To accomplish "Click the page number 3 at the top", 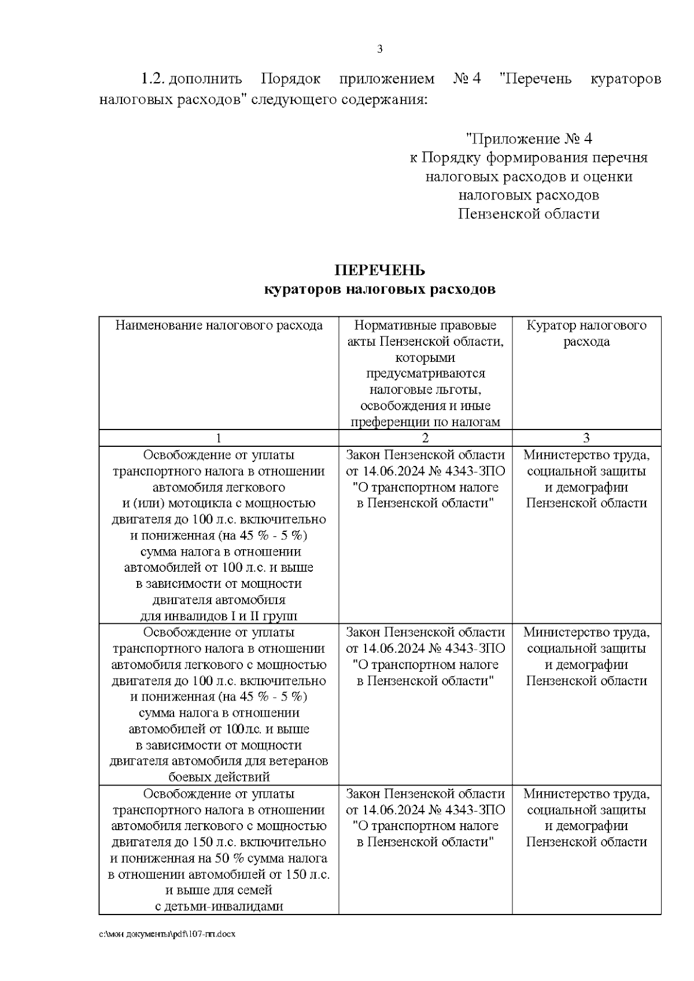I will click(x=380, y=49).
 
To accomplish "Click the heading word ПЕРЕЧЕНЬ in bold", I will click(x=380, y=271).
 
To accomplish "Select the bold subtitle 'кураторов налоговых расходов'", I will click(x=380, y=289).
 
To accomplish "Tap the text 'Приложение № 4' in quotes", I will click(x=529, y=139).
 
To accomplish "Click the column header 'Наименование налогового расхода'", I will click(x=219, y=325).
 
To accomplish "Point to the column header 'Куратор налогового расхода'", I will click(x=586, y=333).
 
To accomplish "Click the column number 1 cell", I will click(x=219, y=438).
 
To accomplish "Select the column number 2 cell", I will click(x=425, y=438).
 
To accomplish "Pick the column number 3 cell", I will click(x=586, y=438).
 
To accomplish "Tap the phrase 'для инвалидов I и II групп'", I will click(x=219, y=616).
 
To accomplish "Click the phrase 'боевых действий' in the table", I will click(x=219, y=777).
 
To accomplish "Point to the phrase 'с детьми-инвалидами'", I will click(x=219, y=906).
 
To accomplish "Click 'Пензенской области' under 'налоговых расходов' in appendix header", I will click(x=529, y=214).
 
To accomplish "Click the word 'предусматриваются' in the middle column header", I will click(x=425, y=373).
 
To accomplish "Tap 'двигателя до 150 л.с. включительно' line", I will click(x=219, y=842).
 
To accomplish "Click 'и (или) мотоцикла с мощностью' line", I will click(x=219, y=503).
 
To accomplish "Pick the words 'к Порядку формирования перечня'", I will click(x=529, y=158).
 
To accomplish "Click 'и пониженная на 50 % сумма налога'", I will click(x=219, y=858).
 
